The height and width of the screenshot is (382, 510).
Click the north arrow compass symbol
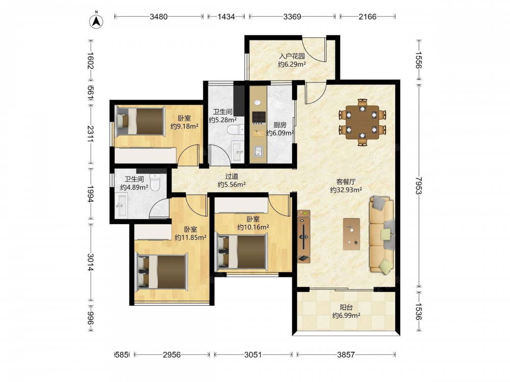pos(96,21)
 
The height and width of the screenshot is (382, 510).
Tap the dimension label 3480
pos(159,17)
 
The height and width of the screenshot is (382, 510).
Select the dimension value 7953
pos(419,185)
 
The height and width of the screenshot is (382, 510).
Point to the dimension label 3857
pos(346,354)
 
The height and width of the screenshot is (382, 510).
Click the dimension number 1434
pos(226,17)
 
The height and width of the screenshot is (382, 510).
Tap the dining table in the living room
pos(362,122)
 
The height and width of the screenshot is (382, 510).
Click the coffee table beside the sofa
pos(351,234)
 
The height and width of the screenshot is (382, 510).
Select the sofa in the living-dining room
pos(382,234)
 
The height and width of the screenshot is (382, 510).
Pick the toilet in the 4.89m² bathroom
pos(155,182)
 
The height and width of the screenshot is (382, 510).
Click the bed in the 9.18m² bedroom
pos(140,121)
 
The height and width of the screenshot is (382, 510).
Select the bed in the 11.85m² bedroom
pos(162,272)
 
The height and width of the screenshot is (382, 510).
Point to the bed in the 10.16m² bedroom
pos(242,252)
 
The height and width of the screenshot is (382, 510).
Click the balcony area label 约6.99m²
pos(346,315)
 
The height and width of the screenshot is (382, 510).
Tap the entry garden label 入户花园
pos(292,56)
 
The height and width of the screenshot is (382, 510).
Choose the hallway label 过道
pos(232,176)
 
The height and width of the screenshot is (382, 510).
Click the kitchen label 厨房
pos(279,125)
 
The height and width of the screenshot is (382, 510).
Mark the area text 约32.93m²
pos(346,190)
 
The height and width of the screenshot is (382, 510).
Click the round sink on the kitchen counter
pos(257,103)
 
